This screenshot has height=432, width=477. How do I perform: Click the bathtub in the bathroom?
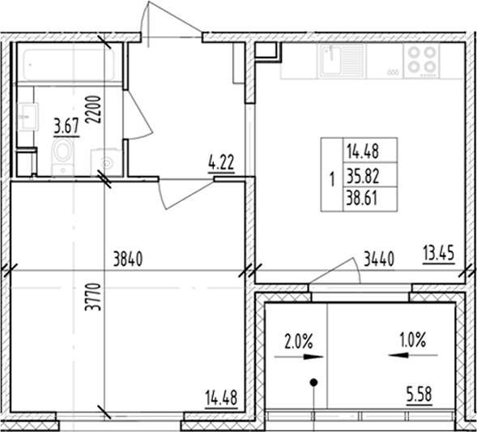(x=68, y=62)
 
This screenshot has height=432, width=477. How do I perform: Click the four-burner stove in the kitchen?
(x=421, y=59)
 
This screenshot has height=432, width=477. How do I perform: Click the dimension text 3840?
(x=129, y=260)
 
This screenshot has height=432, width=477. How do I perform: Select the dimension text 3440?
(x=379, y=260)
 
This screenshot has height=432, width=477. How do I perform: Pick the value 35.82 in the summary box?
(x=362, y=173)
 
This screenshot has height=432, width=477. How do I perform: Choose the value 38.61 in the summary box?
(x=362, y=195)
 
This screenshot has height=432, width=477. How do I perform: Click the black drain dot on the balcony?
(x=313, y=382)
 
